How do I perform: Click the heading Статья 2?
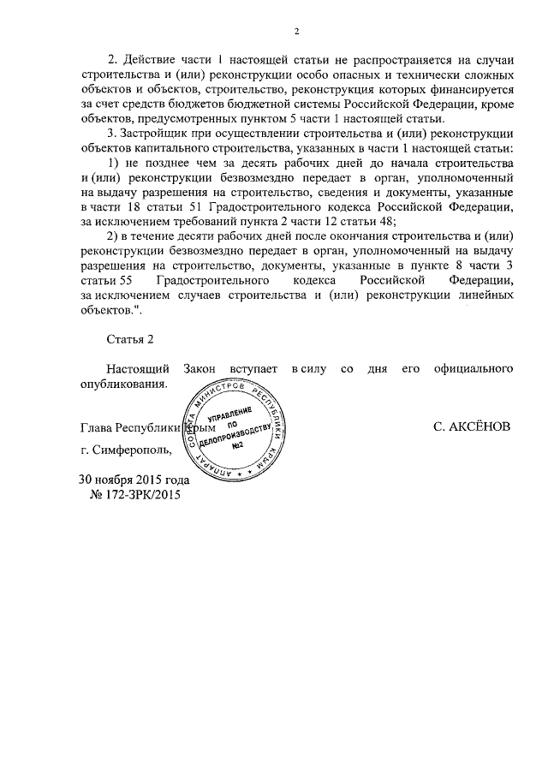(129, 340)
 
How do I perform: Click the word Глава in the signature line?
(96, 426)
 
